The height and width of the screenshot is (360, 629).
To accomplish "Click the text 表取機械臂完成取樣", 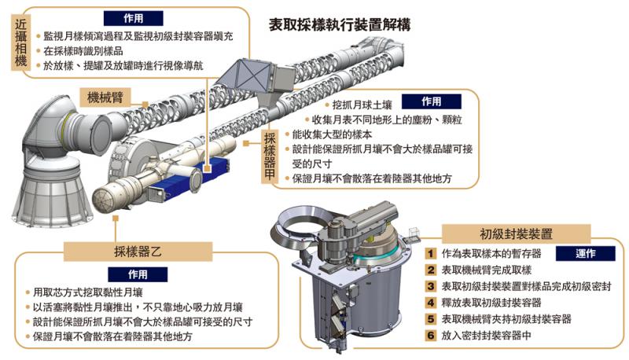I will pyautogui.click(x=490, y=270).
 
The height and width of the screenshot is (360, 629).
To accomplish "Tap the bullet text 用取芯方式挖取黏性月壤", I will pyautogui.click(x=94, y=292).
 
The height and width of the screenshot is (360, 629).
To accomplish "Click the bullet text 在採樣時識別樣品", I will pyautogui.click(x=89, y=51).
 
